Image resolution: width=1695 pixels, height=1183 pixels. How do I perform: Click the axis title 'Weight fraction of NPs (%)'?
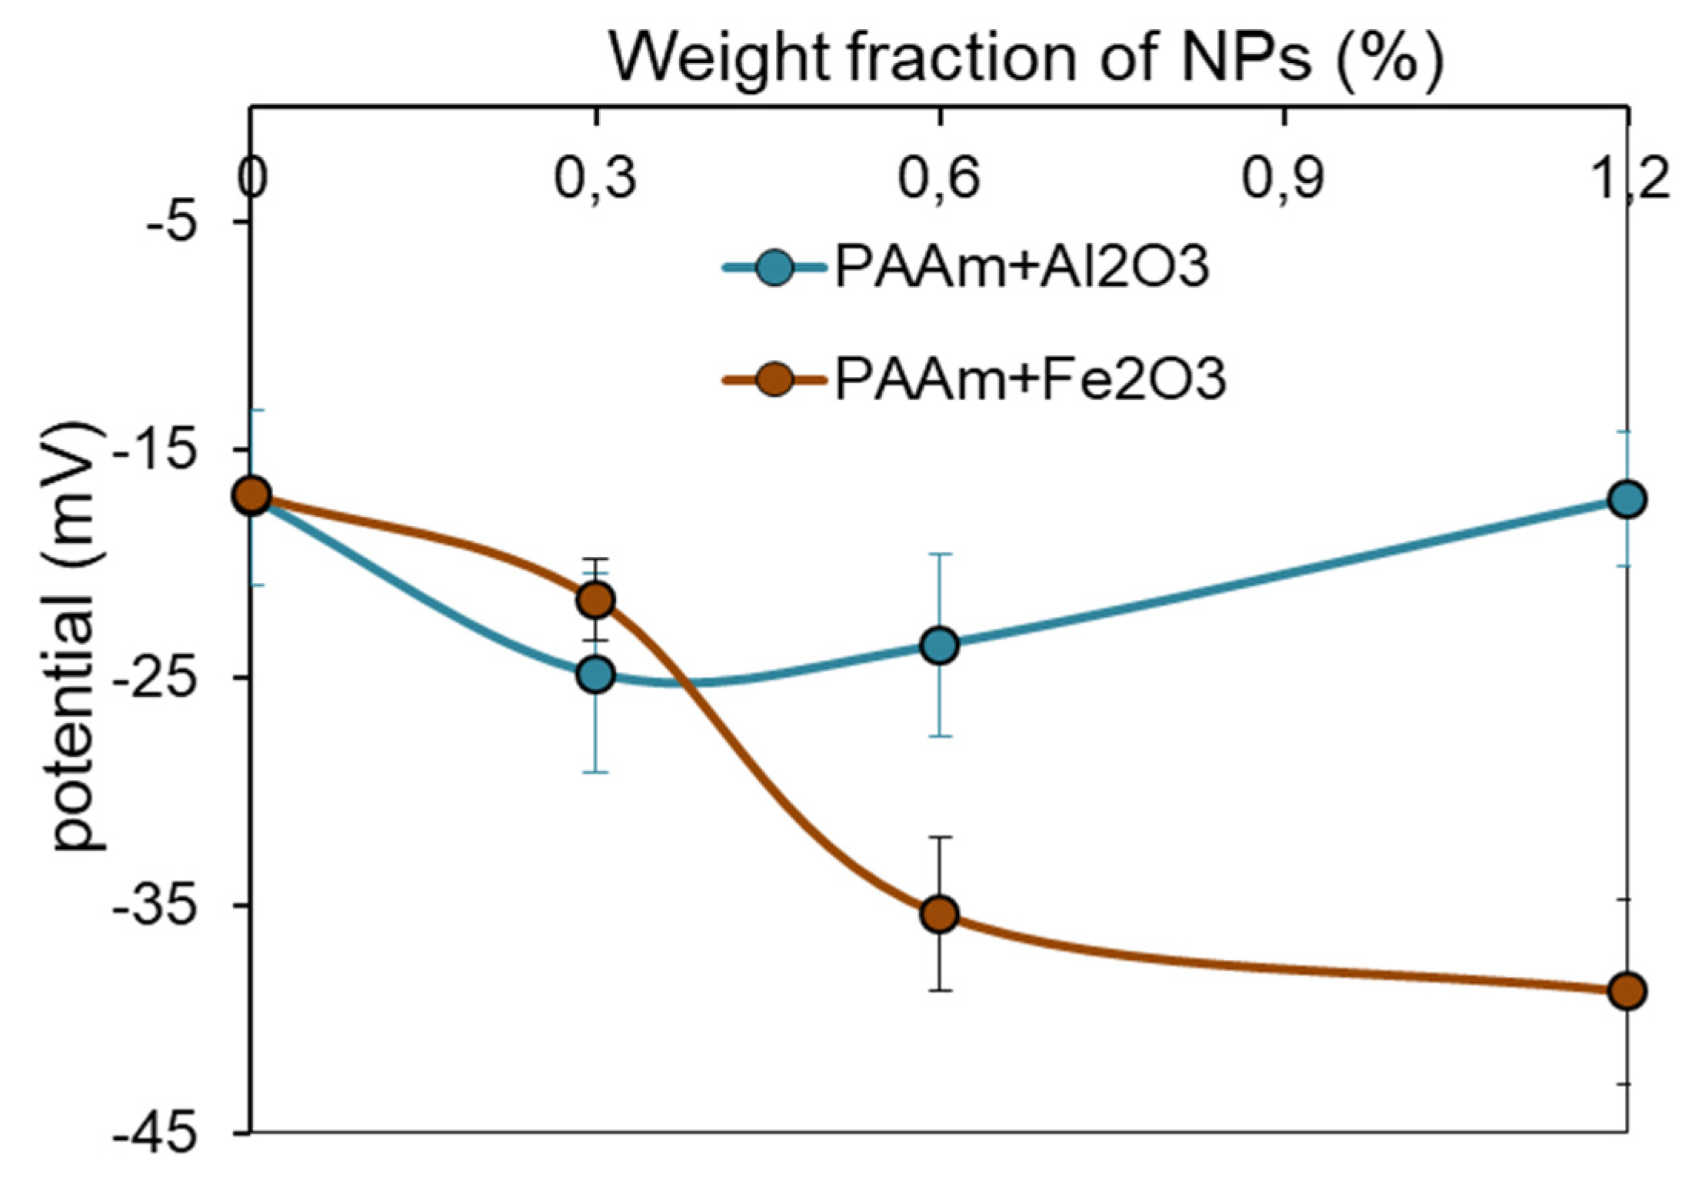[1026, 58]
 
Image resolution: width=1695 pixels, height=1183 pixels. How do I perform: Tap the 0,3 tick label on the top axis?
[595, 178]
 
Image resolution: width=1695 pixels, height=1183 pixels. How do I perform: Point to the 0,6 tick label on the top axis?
[939, 178]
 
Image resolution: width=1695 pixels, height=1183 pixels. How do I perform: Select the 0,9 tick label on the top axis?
[1283, 178]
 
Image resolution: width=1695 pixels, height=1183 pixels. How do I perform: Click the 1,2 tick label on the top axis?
[1630, 178]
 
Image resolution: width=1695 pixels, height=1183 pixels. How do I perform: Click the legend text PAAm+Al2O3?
[1022, 267]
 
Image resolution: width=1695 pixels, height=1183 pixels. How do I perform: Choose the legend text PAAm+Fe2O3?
[1030, 379]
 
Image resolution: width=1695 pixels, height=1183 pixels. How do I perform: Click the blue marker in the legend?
[774, 268]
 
